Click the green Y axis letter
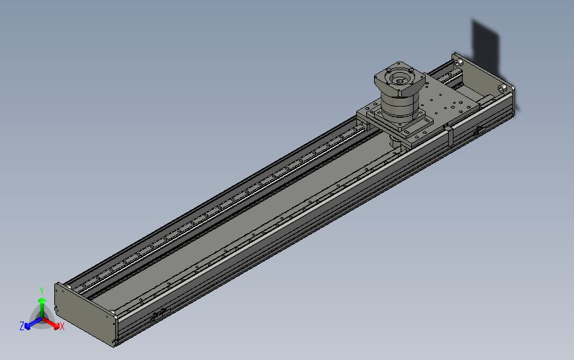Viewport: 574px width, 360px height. (x=42, y=291)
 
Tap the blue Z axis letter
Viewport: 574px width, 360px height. (x=22, y=326)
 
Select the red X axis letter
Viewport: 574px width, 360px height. (x=62, y=327)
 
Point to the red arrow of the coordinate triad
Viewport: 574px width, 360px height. (x=53, y=324)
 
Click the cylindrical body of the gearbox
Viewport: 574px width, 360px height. (x=400, y=106)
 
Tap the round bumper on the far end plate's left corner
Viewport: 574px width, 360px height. (x=456, y=61)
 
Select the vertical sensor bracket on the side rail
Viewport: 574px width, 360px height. (x=449, y=135)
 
